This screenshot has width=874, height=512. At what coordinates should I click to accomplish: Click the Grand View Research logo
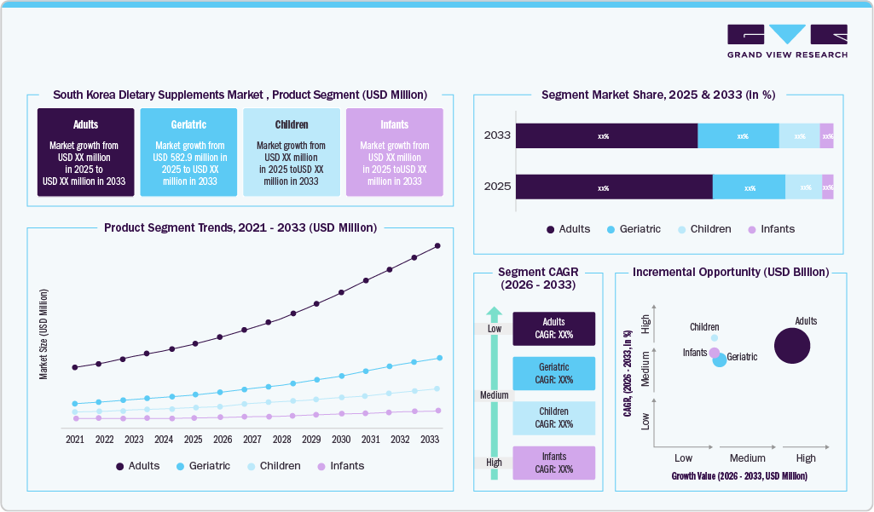pos(787,41)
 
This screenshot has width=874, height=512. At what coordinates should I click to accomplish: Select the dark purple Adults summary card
pos(85,152)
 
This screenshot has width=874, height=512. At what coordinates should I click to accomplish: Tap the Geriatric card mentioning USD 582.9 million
pos(188,152)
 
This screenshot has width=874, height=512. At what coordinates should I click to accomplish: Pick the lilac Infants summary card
pos(394,152)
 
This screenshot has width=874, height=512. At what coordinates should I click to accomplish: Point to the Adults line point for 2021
pos(75,367)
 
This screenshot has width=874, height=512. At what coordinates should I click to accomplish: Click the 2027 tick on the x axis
pos(252,440)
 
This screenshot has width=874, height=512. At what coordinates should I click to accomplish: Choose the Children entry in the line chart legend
pos(274,466)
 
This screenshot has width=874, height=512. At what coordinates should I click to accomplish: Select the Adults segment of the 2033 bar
pos(606,136)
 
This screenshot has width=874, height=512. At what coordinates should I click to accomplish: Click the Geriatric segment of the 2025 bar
pos(749,187)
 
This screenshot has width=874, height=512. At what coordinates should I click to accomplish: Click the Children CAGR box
pos(553,417)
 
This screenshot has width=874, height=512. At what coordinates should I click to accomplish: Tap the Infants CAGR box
pos(553,463)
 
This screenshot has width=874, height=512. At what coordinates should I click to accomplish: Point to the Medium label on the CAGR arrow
pos(495,395)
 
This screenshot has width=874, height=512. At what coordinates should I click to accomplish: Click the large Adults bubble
pos(791,346)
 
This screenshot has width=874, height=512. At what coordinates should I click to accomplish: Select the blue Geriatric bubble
pos(720,360)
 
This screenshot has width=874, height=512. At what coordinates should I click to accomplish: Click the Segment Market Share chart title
pos(657,95)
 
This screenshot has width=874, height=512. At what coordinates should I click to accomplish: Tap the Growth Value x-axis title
pos(738,475)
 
